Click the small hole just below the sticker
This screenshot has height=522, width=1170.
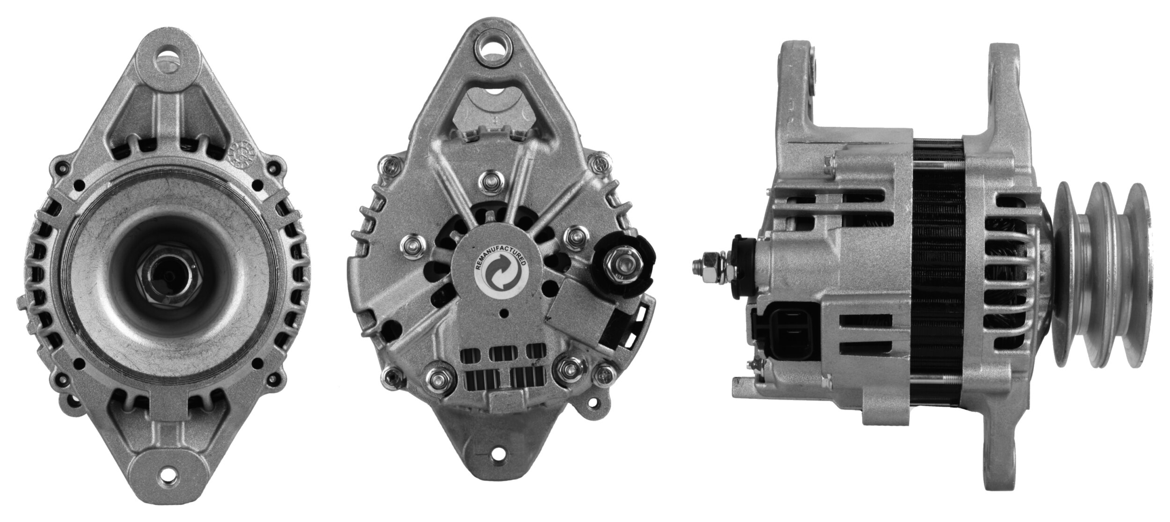(x=504, y=313)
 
